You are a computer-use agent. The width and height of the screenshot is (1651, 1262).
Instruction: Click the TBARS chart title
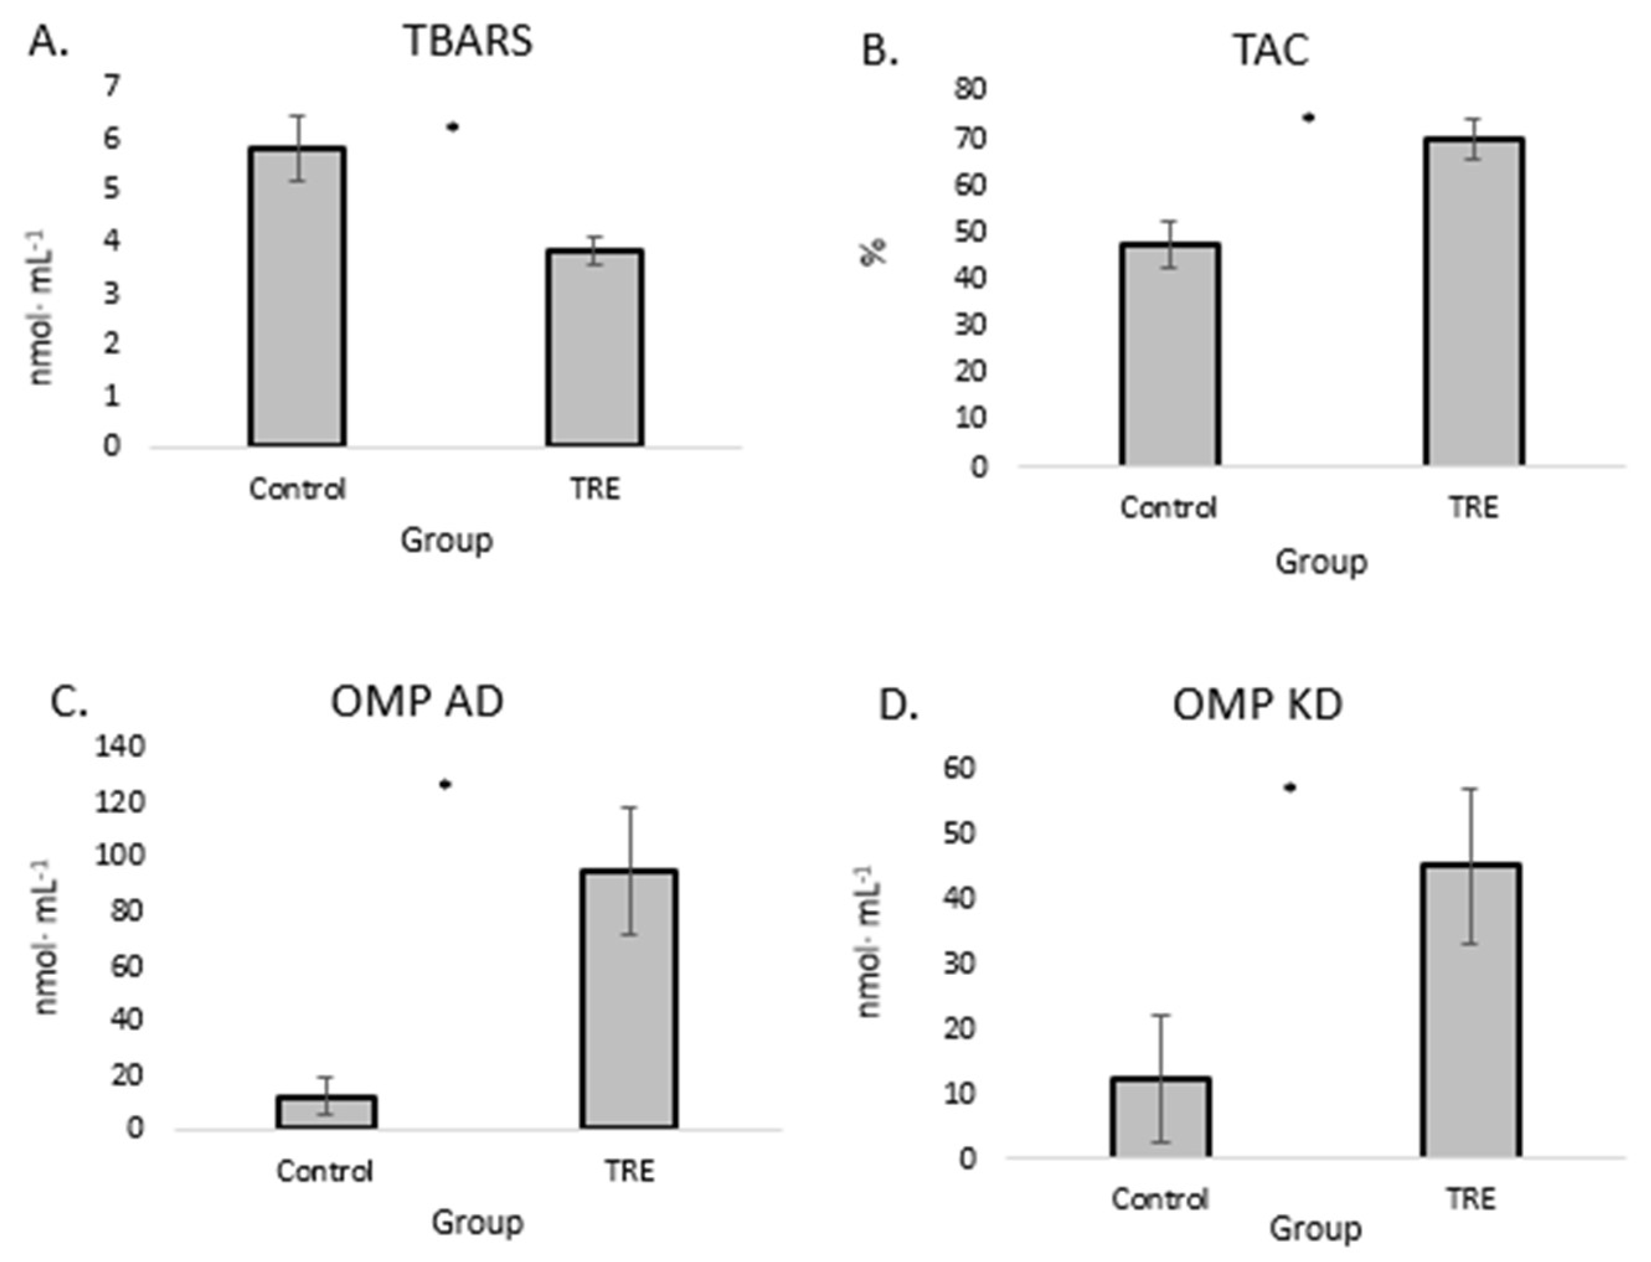pyautogui.click(x=469, y=40)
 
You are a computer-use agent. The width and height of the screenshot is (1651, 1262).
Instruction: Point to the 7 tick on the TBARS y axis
pyautogui.click(x=112, y=86)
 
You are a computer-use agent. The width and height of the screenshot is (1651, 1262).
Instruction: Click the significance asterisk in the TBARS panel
pyautogui.click(x=452, y=127)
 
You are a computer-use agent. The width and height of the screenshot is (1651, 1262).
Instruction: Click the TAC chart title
pyautogui.click(x=1270, y=50)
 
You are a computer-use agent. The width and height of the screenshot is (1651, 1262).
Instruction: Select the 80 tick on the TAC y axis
pyautogui.click(x=971, y=89)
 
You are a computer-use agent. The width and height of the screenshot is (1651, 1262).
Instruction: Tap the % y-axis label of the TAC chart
pyautogui.click(x=874, y=252)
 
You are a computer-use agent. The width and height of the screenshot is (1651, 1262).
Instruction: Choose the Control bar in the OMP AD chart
pyautogui.click(x=326, y=1112)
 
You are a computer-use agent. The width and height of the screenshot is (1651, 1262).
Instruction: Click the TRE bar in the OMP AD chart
pyautogui.click(x=629, y=998)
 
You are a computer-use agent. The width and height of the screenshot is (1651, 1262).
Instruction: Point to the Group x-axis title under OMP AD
pyautogui.click(x=477, y=1222)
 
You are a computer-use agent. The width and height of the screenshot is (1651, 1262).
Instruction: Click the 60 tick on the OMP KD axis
pyautogui.click(x=955, y=768)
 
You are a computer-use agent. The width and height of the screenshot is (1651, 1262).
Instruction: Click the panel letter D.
pyautogui.click(x=898, y=707)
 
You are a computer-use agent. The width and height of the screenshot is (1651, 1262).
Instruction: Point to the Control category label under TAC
pyautogui.click(x=1167, y=508)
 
